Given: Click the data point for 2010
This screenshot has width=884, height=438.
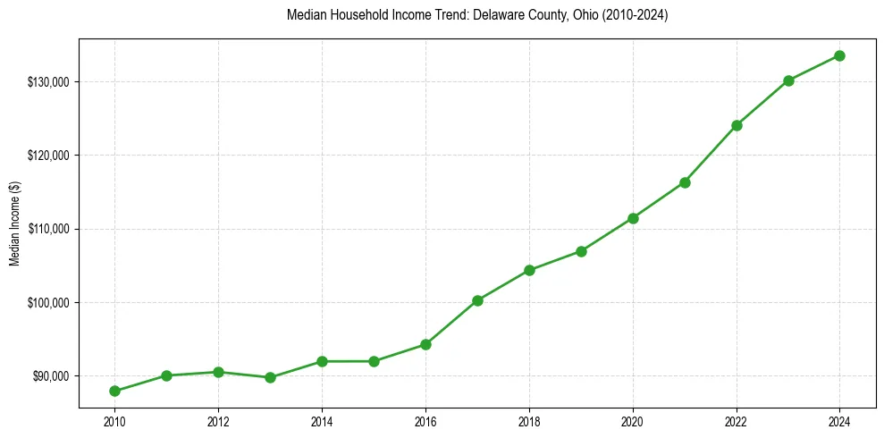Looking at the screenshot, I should [114, 391].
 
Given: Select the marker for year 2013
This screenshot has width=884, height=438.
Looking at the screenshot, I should [270, 377].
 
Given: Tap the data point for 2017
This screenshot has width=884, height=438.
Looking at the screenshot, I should [477, 300].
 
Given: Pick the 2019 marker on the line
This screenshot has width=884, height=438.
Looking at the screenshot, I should [581, 251].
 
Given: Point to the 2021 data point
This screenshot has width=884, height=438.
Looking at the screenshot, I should [685, 182].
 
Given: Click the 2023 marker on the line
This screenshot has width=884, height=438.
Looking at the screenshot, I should [788, 80].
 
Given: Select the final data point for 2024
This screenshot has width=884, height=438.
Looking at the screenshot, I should [839, 55].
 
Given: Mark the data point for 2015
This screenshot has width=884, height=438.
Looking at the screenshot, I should [374, 361].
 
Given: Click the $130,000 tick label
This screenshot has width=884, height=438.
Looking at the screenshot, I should [49, 82].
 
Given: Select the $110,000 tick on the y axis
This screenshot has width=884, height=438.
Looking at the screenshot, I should [49, 229].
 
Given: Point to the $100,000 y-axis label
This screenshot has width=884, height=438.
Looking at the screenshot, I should [49, 303].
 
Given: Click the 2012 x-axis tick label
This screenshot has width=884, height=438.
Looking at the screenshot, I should [218, 421].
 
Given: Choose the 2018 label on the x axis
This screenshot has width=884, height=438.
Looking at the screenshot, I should [529, 421].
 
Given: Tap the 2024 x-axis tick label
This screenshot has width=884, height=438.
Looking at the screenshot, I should [839, 421].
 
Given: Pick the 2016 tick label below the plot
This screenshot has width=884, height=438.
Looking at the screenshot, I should [425, 421].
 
